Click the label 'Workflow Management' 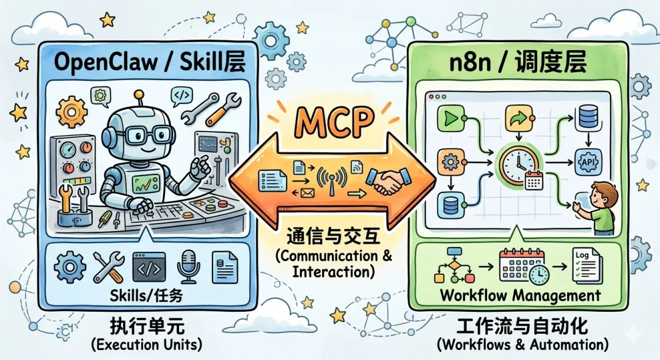520,296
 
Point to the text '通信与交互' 330,236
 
